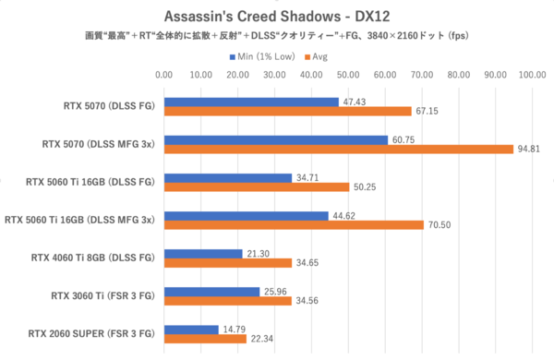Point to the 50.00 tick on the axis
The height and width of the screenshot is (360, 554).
pyautogui.click(x=348, y=76)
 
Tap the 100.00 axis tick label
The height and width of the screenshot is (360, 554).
pyautogui.click(x=532, y=76)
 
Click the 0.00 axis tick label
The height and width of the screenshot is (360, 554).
pyautogui.click(x=164, y=76)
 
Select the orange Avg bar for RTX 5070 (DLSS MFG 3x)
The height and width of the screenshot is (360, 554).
pyautogui.click(x=338, y=150)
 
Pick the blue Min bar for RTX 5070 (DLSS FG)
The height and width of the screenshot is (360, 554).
pyautogui.click(x=251, y=102)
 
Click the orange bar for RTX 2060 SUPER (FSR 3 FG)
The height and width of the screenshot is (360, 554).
pyautogui.click(x=205, y=339)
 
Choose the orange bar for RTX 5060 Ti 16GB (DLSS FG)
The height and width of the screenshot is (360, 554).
pyautogui.click(x=257, y=187)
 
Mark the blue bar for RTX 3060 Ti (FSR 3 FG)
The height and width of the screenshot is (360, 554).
pyautogui.click(x=211, y=291)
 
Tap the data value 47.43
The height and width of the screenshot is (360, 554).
pyautogui.click(x=354, y=102)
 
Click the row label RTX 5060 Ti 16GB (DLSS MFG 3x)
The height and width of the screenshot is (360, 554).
pyautogui.click(x=81, y=220)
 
